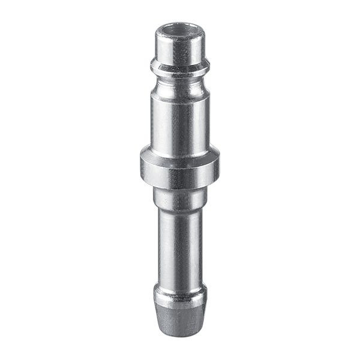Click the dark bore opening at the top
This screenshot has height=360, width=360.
tap(180, 28)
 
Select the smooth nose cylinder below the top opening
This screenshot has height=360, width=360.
tap(180, 47)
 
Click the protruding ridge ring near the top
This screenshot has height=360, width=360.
tap(180, 66)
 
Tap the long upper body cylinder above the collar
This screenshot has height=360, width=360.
tap(180, 120)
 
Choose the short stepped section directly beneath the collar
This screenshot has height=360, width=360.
tap(180, 196)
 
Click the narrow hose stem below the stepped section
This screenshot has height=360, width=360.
tap(180, 246)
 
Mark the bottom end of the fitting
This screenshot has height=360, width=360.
tap(180, 334)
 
